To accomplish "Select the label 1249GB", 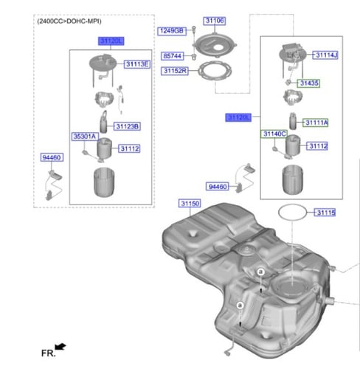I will click(x=171, y=32).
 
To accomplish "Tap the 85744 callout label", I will click(x=173, y=55).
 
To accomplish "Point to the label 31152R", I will click(x=176, y=70).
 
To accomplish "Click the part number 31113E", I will click(x=137, y=65).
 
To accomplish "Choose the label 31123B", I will click(x=127, y=127).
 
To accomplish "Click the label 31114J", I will click(x=325, y=55).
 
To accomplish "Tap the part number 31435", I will click(x=309, y=84).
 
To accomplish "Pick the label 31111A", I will click(x=316, y=122).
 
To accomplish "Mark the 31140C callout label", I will click(x=274, y=134).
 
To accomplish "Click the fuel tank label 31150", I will click(x=190, y=202).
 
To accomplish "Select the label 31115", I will click(x=325, y=213).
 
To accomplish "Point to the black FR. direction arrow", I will click(x=60, y=345).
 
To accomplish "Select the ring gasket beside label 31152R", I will click(x=215, y=73).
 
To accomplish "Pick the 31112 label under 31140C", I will click(x=316, y=146).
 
